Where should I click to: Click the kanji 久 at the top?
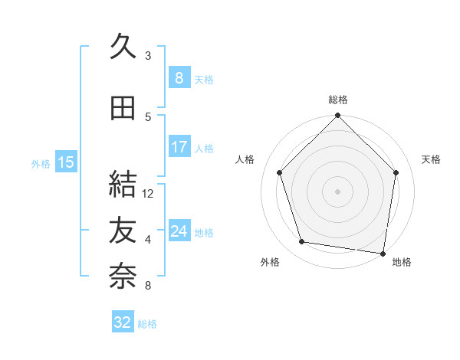pyautogui.click(x=123, y=47)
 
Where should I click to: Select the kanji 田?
pyautogui.click(x=123, y=108)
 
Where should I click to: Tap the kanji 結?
pyautogui.click(x=123, y=185)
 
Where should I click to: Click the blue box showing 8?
pyautogui.click(x=179, y=78)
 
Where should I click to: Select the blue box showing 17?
pyautogui.click(x=179, y=147)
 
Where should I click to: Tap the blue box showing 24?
pyautogui.click(x=179, y=231)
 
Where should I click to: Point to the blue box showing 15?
pyautogui.click(x=65, y=162)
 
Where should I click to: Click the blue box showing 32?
pyautogui.click(x=123, y=322)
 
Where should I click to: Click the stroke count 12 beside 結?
pyautogui.click(x=149, y=194)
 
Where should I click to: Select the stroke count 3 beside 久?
pyautogui.click(x=148, y=55)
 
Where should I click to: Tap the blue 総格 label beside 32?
pyautogui.click(x=147, y=324)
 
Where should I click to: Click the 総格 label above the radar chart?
pyautogui.click(x=338, y=100)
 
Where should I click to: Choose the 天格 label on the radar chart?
pyautogui.click(x=432, y=159)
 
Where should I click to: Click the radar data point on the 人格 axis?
pyautogui.click(x=280, y=172)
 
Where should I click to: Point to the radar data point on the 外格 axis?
pyautogui.click(x=302, y=242)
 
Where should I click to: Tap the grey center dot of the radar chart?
pyautogui.click(x=338, y=191)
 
